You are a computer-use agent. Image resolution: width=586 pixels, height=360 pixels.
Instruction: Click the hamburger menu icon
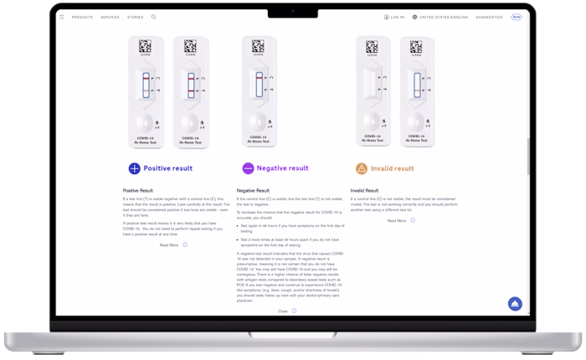coord(61,17)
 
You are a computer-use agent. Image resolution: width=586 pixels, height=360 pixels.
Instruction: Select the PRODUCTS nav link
coord(82,17)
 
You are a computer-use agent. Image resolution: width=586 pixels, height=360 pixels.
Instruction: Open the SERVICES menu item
coord(110,17)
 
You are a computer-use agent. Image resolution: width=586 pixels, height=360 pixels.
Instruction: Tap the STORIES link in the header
coord(135,17)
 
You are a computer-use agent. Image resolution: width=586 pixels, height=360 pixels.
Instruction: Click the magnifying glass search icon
coord(154,17)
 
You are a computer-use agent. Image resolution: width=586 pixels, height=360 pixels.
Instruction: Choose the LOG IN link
coord(393,17)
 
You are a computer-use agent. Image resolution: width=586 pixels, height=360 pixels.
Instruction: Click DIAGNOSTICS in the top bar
coord(489,17)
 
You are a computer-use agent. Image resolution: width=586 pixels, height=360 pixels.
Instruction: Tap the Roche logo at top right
coord(517,17)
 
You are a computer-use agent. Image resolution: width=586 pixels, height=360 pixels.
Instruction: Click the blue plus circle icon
coord(133,168)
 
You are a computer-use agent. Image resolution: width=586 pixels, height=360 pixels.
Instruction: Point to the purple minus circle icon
coord(248,168)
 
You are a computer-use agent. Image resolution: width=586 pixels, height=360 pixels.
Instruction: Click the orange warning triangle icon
coord(361,168)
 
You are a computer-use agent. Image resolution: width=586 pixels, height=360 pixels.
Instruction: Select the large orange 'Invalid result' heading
coord(392,168)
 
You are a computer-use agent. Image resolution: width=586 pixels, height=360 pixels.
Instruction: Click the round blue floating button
coord(515,304)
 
